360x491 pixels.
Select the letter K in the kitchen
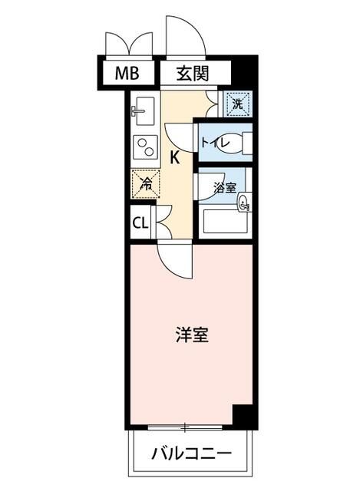coord(175,158)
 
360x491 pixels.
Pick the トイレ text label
coord(215,142)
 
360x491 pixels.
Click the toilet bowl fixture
coord(244,143)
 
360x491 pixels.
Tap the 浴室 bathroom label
coord(224,187)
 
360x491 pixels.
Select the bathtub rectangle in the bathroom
coord(225,222)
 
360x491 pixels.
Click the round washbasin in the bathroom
coord(244,203)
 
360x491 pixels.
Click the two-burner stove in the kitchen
coord(144,146)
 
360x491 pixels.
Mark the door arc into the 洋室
coord(174,261)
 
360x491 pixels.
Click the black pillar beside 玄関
coord(243,74)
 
